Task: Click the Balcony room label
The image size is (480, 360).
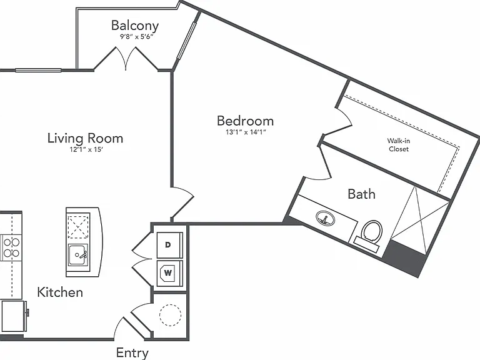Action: coord(135,26)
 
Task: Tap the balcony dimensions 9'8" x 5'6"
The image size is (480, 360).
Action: coord(136,37)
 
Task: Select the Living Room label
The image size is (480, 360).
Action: coord(86,138)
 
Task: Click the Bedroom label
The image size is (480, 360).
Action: coord(245,121)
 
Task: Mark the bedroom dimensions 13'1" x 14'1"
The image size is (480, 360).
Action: coord(245,132)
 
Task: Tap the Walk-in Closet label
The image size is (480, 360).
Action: coord(399,145)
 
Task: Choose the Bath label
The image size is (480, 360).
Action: coord(361,194)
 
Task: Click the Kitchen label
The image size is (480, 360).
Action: coord(60,292)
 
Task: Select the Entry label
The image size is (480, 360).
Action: coord(132,353)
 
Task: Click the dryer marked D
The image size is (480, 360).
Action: coord(169,245)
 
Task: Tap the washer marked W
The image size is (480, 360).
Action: coord(169,273)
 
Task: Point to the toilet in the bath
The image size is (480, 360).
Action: coord(370,232)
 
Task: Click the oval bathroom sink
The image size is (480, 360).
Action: coord(325,219)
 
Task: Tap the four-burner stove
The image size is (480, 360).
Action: coord(11,247)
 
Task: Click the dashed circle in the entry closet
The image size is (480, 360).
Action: coord(170,315)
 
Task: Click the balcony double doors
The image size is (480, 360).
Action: coord(126,59)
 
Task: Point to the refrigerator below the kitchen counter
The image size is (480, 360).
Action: coord(14,316)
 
